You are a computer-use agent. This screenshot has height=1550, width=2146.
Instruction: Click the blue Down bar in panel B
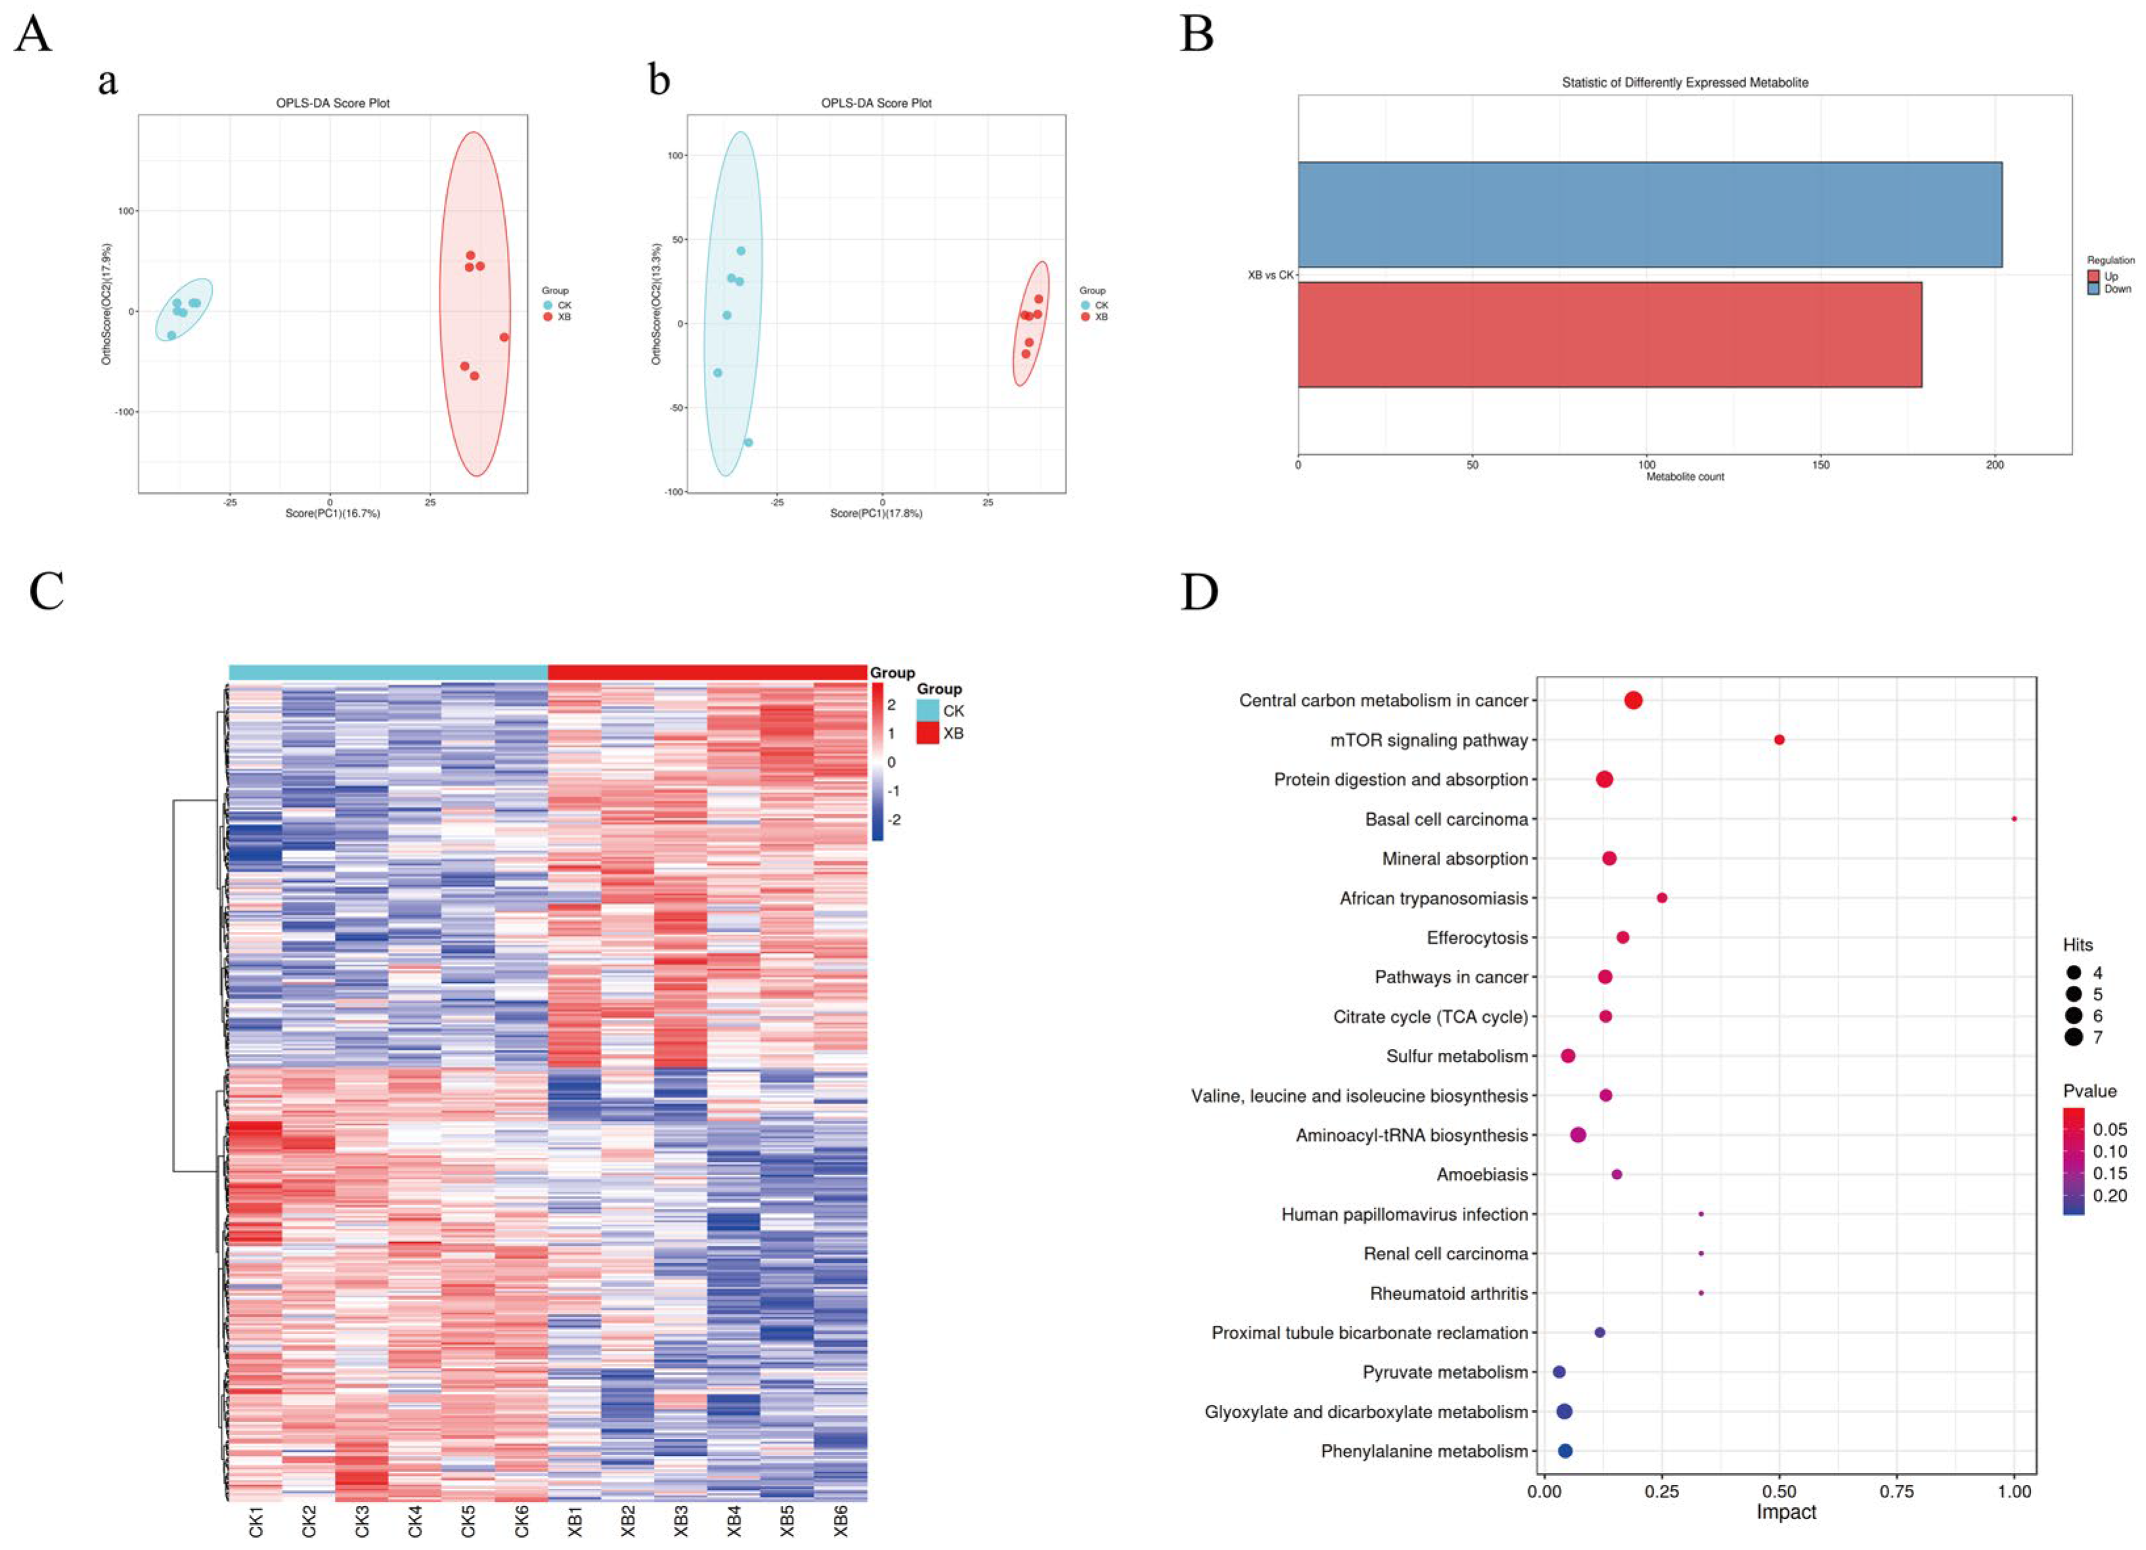click(x=1650, y=215)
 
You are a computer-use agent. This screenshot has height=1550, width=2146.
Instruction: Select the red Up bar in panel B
click(x=1609, y=334)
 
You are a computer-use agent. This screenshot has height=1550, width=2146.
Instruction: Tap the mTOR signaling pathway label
click(x=1429, y=740)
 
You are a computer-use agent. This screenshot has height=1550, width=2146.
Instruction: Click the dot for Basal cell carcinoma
click(x=2013, y=818)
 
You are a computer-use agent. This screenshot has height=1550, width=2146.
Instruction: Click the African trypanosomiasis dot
click(x=1661, y=898)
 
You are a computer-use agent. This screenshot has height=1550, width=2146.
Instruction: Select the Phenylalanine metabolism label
click(x=1424, y=1451)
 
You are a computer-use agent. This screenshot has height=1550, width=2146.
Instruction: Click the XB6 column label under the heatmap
click(x=841, y=1520)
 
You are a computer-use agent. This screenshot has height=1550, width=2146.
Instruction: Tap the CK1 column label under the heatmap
click(x=255, y=1520)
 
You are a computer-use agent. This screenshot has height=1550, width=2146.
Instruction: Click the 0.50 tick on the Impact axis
click(x=1780, y=1492)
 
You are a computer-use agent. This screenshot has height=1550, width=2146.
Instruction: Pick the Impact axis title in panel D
click(x=1785, y=1512)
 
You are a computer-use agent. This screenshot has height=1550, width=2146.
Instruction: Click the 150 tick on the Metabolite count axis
click(x=1820, y=464)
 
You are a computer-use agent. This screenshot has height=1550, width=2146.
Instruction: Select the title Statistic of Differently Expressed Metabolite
click(x=1684, y=82)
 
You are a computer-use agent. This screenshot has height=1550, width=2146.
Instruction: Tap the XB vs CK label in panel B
click(x=1270, y=275)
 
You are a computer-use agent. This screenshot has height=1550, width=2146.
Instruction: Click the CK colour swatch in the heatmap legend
click(x=927, y=711)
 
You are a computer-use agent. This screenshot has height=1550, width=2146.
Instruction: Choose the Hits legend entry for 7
click(x=2084, y=1037)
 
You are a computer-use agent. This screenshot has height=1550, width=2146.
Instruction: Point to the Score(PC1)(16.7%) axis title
click(x=333, y=514)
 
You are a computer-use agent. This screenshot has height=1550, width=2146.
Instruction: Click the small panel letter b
click(x=659, y=79)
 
